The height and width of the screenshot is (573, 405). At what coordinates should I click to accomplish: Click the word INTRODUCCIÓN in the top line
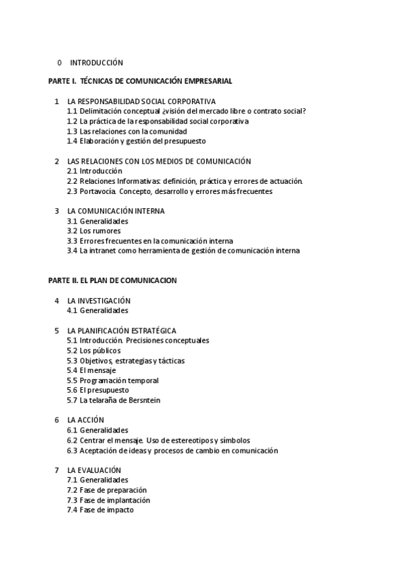tap(97, 63)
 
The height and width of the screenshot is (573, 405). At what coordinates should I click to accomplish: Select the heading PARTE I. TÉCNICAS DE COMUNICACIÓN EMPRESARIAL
tap(140, 81)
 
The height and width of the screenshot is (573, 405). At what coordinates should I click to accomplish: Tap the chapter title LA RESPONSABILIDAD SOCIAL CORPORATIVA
tap(141, 101)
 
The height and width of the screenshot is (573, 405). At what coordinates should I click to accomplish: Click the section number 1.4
tap(72, 141)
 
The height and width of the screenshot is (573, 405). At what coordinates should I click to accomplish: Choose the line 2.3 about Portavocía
tap(169, 191)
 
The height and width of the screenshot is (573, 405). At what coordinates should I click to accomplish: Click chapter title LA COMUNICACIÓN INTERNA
tap(116, 211)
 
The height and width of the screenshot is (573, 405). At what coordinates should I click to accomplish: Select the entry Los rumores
tap(100, 231)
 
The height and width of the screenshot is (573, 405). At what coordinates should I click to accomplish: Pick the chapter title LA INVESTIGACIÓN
tap(99, 301)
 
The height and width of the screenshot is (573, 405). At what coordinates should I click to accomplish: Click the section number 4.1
tap(72, 311)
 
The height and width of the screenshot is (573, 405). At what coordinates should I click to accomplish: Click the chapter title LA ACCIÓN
tap(85, 420)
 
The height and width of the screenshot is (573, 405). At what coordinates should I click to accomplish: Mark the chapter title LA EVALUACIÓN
tap(94, 470)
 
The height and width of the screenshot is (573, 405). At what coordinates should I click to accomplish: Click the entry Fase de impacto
tap(106, 510)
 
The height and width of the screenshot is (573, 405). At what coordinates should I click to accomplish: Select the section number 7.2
tap(72, 490)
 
